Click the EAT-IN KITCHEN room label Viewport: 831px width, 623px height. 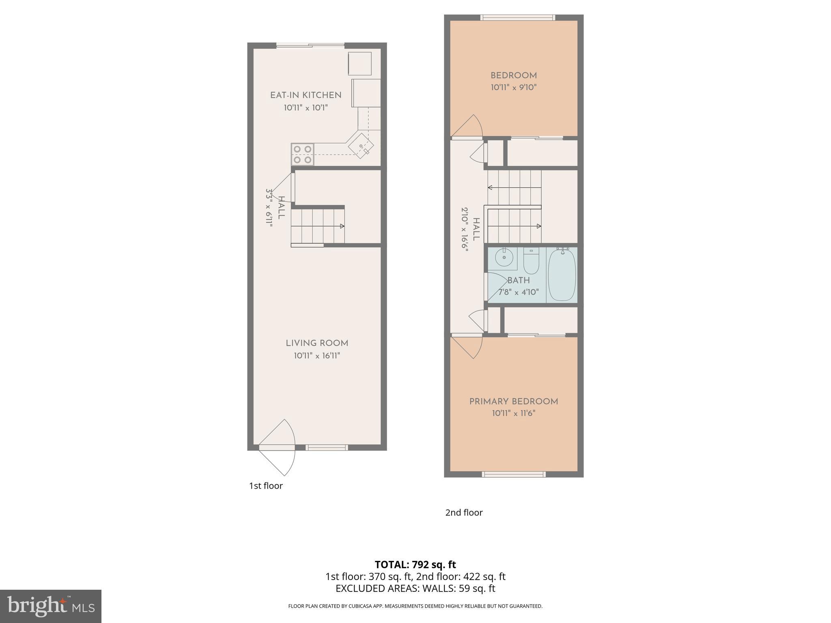(306, 95)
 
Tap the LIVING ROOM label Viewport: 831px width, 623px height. (317, 343)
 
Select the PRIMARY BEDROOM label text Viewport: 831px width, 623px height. (513, 402)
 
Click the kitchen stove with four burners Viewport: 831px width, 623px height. (302, 155)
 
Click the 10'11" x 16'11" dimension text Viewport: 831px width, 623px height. (317, 356)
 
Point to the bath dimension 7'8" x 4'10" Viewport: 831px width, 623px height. (519, 292)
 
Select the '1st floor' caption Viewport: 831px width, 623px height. (266, 486)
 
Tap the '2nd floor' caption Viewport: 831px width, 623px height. (464, 512)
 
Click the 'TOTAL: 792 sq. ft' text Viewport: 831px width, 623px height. (415, 565)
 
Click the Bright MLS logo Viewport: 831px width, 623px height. (50, 606)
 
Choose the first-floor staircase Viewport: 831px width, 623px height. (317, 226)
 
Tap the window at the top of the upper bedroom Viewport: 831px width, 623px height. (518, 17)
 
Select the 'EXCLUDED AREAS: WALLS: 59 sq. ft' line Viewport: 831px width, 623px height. (415, 589)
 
